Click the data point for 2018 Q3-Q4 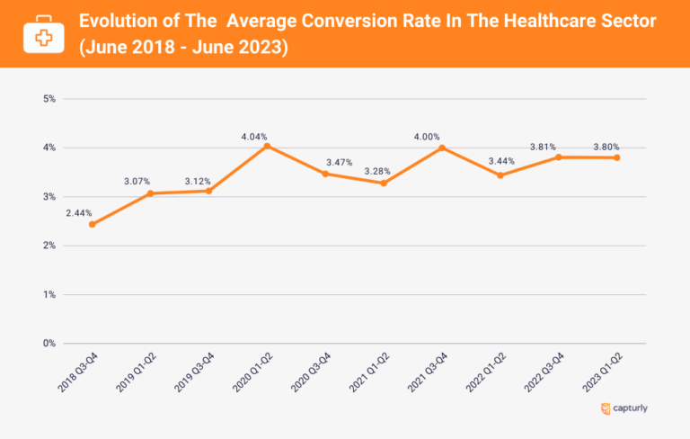[93, 224]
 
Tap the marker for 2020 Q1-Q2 [268, 146]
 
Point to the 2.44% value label [78, 213]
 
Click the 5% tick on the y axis [49, 98]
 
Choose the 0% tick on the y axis [49, 344]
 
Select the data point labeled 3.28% [385, 183]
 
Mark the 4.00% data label [428, 137]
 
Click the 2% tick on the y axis [49, 246]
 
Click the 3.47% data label [341, 162]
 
